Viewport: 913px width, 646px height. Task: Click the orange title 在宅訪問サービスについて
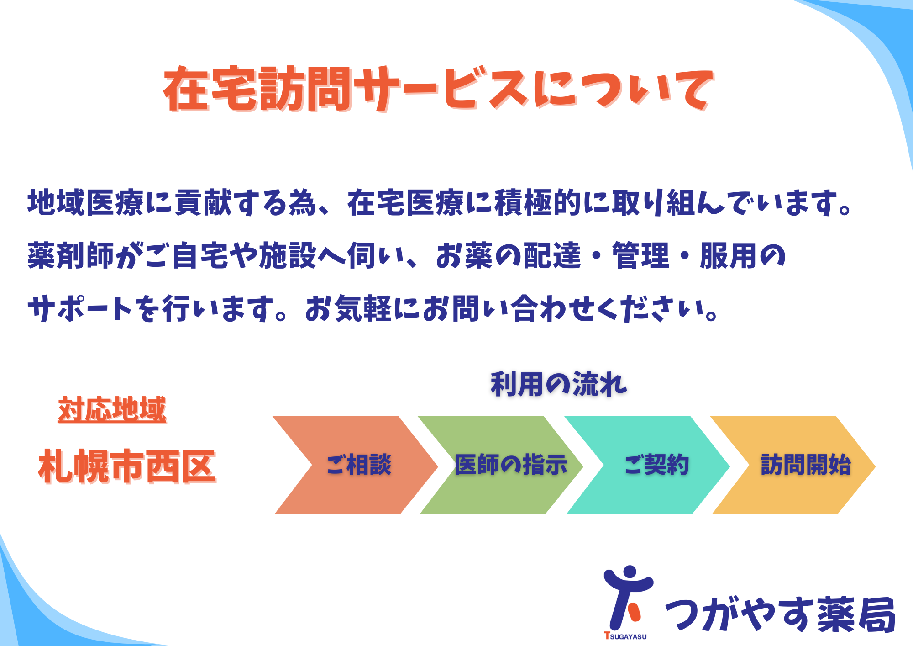[439, 89]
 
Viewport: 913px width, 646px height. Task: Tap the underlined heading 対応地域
[112, 409]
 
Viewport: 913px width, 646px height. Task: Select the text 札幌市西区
[127, 466]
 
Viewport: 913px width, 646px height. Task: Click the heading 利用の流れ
[559, 384]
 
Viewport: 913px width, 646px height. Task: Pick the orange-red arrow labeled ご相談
[356, 465]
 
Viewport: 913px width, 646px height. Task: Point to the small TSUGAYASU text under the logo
[625, 636]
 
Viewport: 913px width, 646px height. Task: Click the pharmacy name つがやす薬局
[780, 614]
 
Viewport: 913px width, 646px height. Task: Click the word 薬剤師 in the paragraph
[71, 255]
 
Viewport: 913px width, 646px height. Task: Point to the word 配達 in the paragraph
[552, 255]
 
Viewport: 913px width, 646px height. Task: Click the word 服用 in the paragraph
[729, 255]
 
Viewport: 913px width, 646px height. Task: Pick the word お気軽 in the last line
[349, 308]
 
